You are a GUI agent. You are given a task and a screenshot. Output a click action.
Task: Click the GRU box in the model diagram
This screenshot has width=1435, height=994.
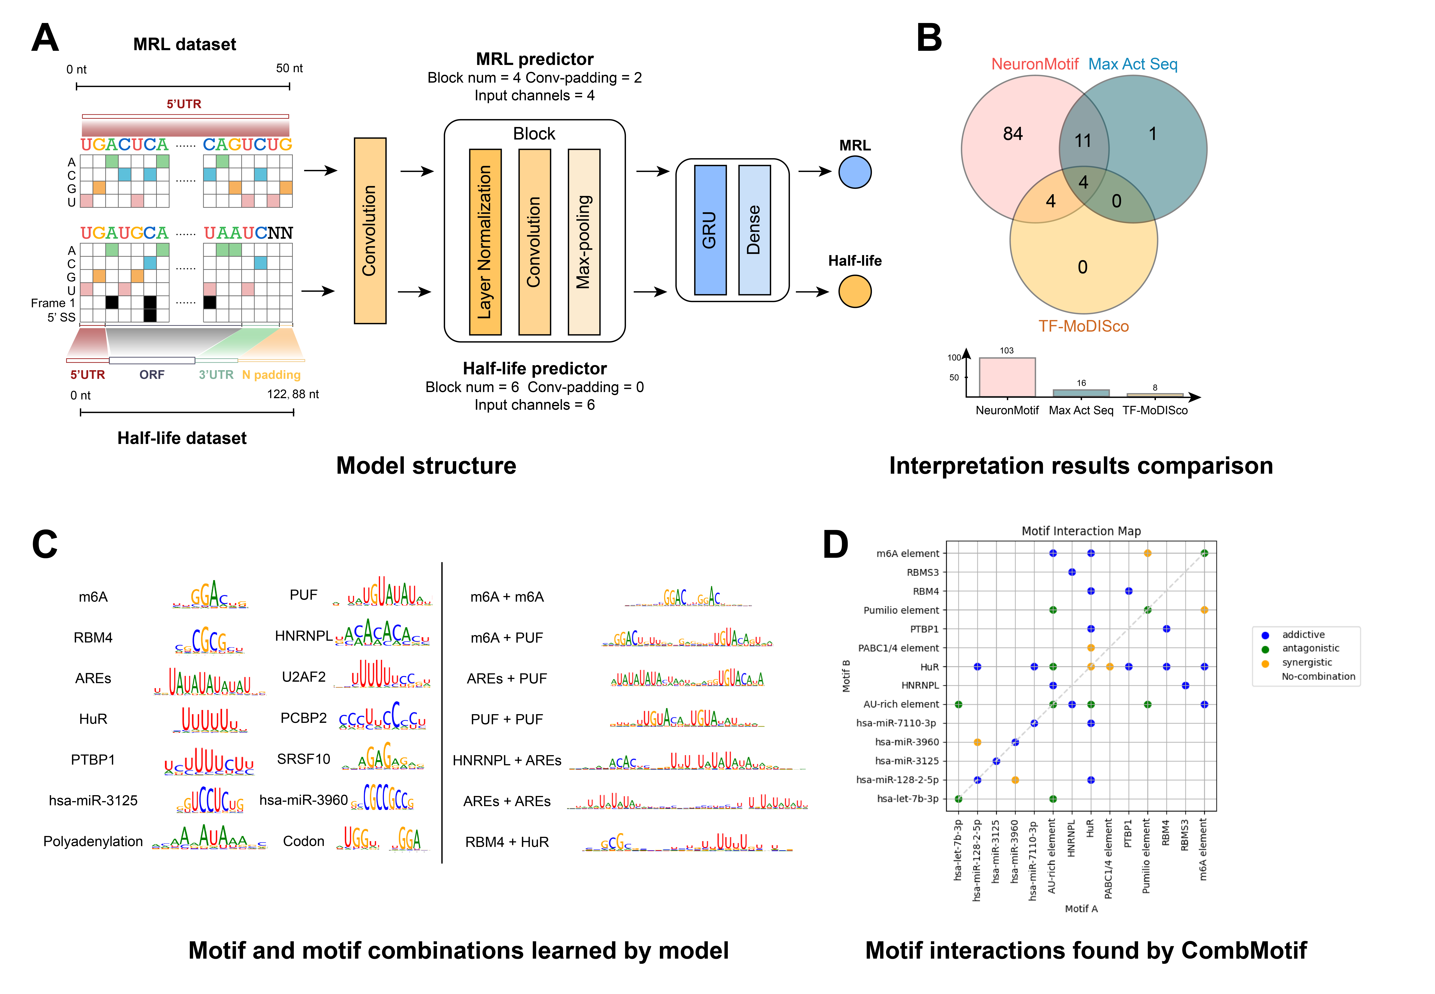[x=710, y=230]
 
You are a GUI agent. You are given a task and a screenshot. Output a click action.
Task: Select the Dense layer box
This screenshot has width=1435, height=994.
[x=754, y=230]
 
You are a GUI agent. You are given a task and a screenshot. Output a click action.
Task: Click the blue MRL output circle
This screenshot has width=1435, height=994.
[x=855, y=172]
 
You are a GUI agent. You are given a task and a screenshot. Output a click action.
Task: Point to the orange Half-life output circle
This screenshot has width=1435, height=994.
[x=855, y=291]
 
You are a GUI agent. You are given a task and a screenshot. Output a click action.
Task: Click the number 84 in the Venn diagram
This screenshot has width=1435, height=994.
[x=1013, y=134]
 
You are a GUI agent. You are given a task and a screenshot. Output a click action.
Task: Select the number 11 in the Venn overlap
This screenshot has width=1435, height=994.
[x=1083, y=141]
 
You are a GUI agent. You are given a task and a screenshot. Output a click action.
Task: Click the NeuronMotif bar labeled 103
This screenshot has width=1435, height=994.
[x=1007, y=377]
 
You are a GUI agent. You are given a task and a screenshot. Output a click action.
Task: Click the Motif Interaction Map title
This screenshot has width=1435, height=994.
[x=1081, y=531]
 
